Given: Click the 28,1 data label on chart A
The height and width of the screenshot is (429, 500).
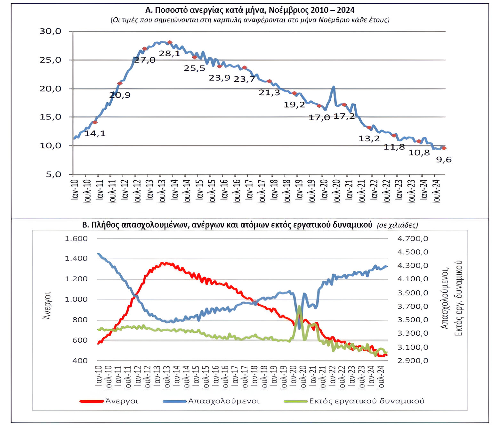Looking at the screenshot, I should point(169,54).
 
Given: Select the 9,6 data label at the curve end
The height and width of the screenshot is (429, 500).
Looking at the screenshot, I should point(444,160).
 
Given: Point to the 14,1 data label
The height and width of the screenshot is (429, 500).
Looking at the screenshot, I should point(95,133).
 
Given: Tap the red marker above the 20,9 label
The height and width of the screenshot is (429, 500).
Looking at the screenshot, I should point(120,83).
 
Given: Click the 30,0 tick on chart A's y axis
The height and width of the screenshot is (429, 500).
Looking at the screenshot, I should point(50,31).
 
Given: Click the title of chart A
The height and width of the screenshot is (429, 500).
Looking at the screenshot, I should point(250,10).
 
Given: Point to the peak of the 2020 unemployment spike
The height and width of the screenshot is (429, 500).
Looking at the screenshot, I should point(334,87).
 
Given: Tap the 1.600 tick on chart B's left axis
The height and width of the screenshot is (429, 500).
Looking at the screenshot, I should point(76,238).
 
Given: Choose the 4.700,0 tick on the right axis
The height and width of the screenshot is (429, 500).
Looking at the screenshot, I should point(413,238).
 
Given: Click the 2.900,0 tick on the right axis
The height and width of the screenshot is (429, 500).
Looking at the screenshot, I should point(413,361).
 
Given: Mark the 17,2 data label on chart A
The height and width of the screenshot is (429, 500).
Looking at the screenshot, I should point(344,116).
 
